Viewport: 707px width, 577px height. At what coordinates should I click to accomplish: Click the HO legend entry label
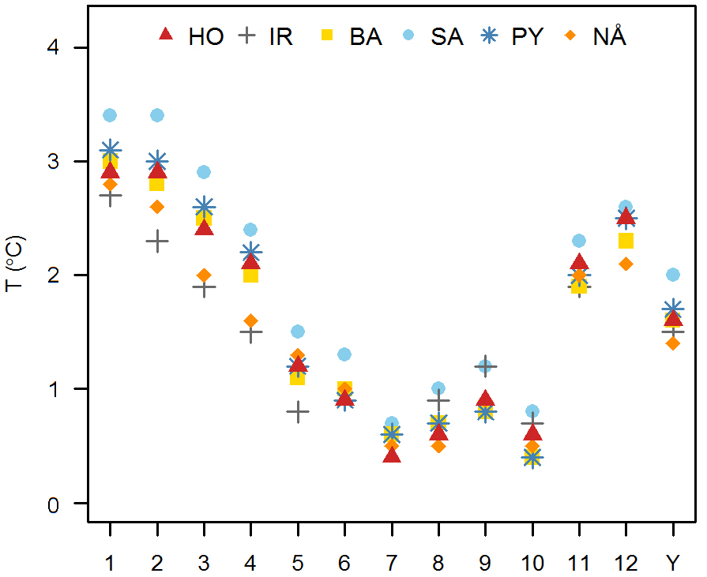tap(206, 36)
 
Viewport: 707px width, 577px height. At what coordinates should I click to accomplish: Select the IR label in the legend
tap(280, 36)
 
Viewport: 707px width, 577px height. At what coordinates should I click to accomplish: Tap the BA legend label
tap(366, 36)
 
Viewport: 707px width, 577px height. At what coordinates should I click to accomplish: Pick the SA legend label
tap(447, 36)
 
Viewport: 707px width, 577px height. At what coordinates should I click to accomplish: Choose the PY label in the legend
tap(528, 36)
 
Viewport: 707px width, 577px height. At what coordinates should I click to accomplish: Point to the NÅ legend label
tap(610, 36)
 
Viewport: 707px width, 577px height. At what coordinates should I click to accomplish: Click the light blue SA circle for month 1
tap(110, 115)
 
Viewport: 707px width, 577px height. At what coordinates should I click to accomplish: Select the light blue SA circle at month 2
tap(157, 115)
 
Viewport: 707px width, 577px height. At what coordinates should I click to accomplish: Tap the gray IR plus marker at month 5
tap(298, 411)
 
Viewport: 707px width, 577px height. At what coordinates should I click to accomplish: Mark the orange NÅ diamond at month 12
tap(626, 264)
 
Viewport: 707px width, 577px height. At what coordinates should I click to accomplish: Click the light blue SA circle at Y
tap(673, 275)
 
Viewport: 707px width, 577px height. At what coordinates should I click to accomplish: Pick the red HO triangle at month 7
tap(392, 455)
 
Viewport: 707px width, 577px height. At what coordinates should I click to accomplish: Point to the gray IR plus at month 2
tap(157, 241)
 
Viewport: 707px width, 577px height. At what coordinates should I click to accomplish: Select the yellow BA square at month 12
tap(626, 241)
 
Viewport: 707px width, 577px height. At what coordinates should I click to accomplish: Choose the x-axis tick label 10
tap(532, 563)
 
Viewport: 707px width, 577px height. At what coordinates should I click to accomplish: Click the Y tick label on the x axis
tap(673, 563)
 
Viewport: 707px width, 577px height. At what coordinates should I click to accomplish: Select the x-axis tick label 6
tap(344, 563)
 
